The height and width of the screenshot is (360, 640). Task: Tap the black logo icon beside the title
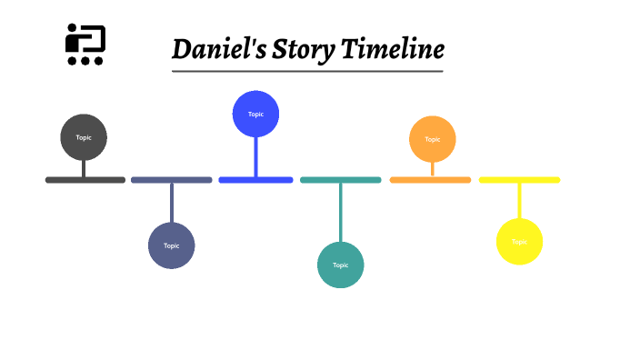point(85,45)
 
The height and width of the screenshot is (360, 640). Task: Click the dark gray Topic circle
point(84,137)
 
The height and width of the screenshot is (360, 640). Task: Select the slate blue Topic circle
point(172,245)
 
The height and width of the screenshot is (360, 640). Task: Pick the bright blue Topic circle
point(255,114)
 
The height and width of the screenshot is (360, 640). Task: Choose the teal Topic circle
point(341,265)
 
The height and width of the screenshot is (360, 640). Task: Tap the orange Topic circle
point(433,139)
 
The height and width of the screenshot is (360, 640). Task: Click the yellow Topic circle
point(519,242)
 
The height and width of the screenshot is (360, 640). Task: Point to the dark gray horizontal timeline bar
point(85,180)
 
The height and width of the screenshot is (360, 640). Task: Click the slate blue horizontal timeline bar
point(172,180)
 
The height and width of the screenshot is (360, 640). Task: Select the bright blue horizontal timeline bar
point(255,180)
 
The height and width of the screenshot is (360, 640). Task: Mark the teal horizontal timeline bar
point(341,180)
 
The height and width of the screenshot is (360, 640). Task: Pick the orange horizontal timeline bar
point(431,180)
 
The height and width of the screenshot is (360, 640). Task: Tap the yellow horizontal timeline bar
point(519,180)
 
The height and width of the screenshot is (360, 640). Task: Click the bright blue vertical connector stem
point(255,156)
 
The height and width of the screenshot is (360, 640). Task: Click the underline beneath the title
point(307,70)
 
